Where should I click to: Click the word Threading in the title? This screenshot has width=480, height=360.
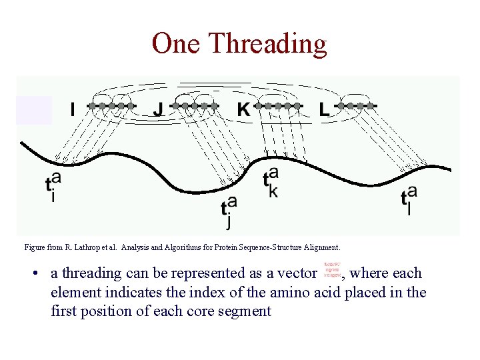[x=268, y=44]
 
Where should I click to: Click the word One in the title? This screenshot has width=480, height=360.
[x=177, y=43]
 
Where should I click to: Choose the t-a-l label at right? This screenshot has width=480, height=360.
[x=409, y=197]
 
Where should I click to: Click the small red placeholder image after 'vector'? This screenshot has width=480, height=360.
[x=333, y=269]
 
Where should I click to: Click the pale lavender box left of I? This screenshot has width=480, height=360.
[x=34, y=110]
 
